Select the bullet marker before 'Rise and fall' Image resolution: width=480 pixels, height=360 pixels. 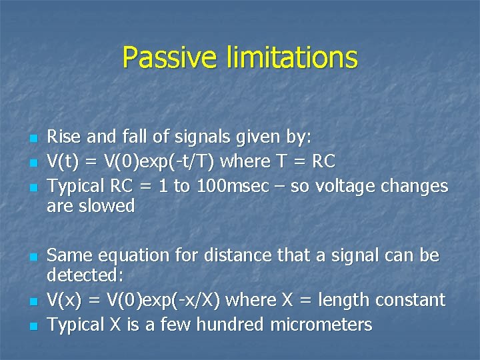click(35, 139)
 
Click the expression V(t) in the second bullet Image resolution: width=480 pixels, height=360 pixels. click(63, 162)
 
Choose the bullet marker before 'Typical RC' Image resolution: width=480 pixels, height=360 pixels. click(35, 187)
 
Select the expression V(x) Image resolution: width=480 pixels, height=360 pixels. click(64, 300)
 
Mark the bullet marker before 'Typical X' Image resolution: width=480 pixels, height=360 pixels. click(35, 326)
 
